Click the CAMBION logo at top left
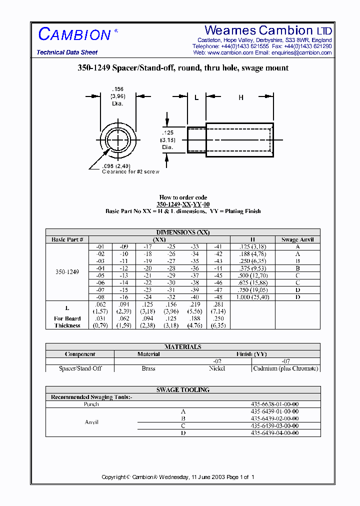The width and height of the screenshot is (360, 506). coord(75,34)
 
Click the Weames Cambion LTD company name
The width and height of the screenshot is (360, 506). coord(268,30)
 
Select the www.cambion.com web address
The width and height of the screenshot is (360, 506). coord(230,52)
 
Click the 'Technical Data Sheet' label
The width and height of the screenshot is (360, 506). coord(67,52)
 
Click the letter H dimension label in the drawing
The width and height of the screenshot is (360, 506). coord(240,98)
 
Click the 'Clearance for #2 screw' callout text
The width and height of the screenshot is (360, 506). coord(130,171)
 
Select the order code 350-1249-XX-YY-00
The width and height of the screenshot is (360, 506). coord(183,204)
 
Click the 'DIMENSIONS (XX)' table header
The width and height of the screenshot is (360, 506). coord(183,232)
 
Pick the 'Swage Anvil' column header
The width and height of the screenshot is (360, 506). coord(297,239)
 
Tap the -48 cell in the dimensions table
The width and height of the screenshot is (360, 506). coord(218,297)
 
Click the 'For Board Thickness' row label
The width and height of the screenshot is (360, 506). coord(67,322)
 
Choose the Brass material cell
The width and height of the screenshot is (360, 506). coord(148,368)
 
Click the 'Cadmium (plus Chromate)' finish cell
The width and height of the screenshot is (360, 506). coord(285,368)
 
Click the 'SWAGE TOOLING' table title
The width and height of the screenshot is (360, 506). coord(183,390)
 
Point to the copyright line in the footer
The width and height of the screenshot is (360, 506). coord(178,477)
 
